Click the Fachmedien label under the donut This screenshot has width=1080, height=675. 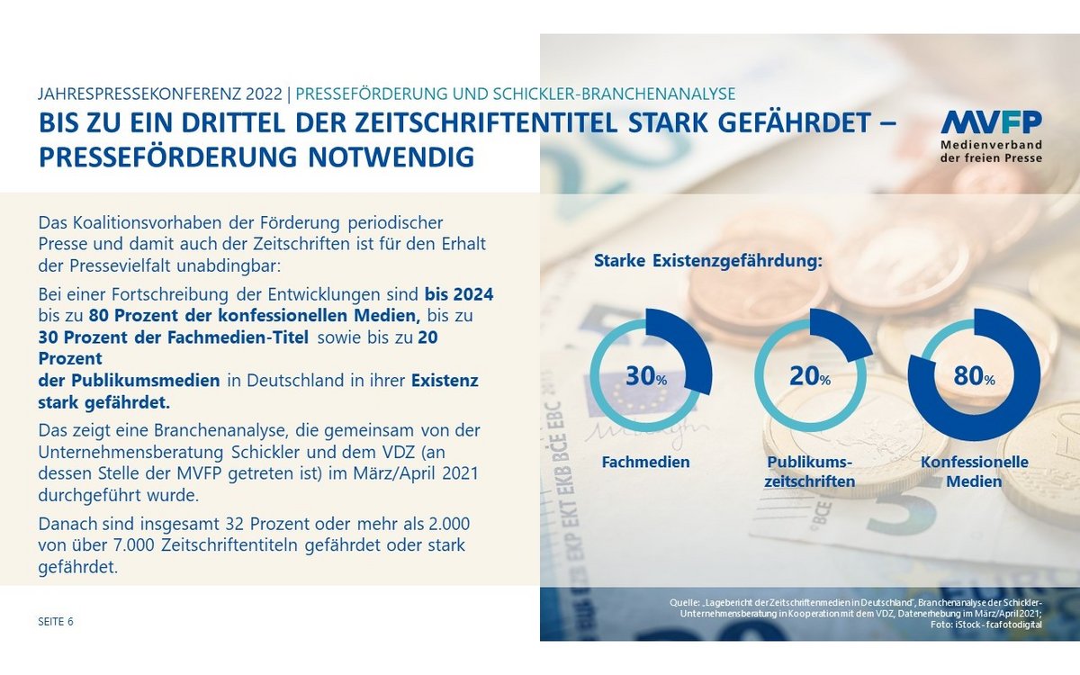pos(646,462)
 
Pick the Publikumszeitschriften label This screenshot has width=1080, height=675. pos(809,471)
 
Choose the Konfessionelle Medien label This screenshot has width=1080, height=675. pos(974,471)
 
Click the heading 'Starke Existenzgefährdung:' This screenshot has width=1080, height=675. pos(708,262)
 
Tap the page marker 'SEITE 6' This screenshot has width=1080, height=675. pos(56,621)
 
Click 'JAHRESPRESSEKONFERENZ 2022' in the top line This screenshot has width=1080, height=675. pos(161,94)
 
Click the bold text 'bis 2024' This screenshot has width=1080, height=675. pos(459,294)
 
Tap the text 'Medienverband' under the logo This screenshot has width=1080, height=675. pos(991,144)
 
